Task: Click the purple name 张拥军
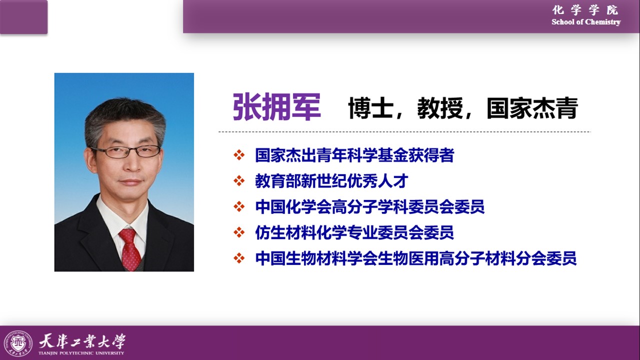(x=277, y=107)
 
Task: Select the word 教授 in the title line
(x=440, y=108)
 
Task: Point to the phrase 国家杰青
(x=532, y=108)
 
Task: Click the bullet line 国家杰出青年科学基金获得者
(x=354, y=155)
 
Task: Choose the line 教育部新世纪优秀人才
(x=331, y=181)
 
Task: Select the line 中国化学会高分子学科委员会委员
(x=369, y=206)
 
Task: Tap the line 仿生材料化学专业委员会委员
(x=354, y=232)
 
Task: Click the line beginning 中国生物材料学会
(x=415, y=258)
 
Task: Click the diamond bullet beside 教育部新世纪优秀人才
(x=239, y=181)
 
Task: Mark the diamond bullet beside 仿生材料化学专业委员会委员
(x=239, y=232)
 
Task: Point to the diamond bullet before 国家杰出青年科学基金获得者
(x=239, y=155)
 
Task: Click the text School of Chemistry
(x=586, y=22)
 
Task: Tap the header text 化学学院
(x=585, y=10)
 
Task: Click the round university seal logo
(x=18, y=343)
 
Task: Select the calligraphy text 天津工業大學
(x=82, y=341)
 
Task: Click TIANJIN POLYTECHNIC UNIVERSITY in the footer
(x=81, y=353)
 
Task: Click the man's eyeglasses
(x=125, y=151)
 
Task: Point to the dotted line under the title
(x=404, y=132)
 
